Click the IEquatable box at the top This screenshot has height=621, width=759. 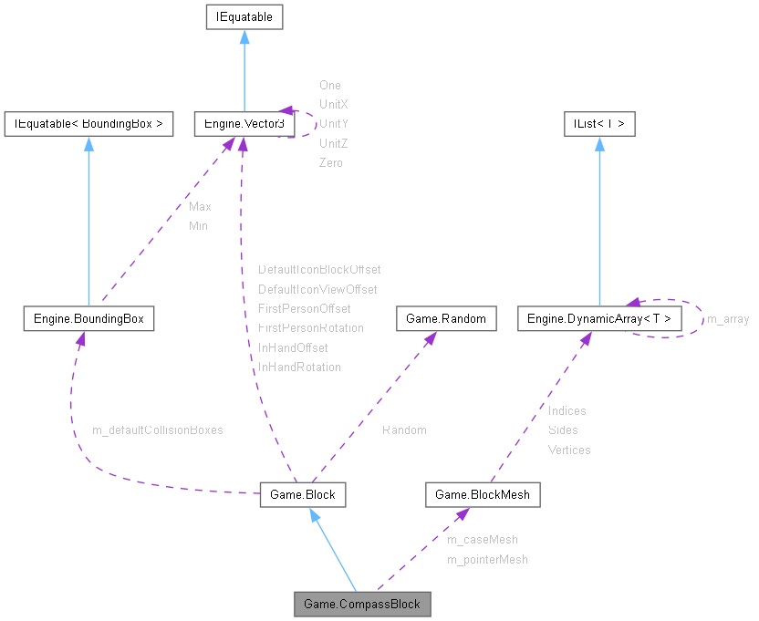(x=244, y=16)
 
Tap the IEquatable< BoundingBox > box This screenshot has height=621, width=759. (x=88, y=123)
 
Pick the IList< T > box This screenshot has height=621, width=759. (x=599, y=123)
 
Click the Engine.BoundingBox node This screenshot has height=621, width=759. (x=88, y=318)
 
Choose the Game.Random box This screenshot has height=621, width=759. (x=446, y=318)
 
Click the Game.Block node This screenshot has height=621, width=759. (x=303, y=494)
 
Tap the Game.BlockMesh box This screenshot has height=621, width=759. (x=483, y=494)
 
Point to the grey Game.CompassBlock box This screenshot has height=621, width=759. (x=362, y=604)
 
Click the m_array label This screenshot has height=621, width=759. (x=728, y=319)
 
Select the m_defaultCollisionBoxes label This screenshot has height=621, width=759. (x=158, y=430)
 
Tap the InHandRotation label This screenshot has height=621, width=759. (x=299, y=367)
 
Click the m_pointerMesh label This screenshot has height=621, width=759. (x=487, y=559)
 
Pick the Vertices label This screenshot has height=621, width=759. (x=569, y=450)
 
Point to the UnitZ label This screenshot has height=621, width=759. (x=333, y=143)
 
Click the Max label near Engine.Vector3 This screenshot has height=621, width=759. (x=200, y=207)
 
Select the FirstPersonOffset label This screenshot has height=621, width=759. (x=304, y=308)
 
